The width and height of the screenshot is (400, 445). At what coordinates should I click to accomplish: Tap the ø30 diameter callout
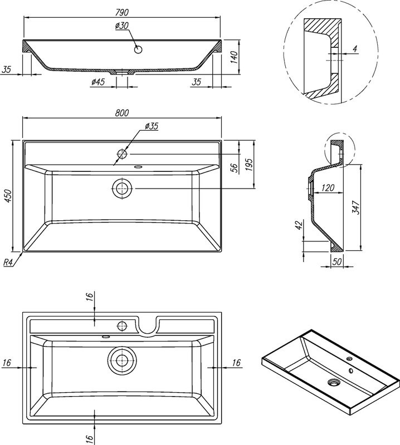pyautogui.click(x=123, y=26)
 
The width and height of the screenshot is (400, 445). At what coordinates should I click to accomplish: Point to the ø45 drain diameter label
pyautogui.click(x=98, y=82)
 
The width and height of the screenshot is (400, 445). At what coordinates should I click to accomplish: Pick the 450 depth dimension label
pyautogui.click(x=7, y=196)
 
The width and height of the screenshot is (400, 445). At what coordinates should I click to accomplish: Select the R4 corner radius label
pyautogui.click(x=9, y=263)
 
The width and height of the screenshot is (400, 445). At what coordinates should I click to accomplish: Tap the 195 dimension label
pyautogui.click(x=249, y=165)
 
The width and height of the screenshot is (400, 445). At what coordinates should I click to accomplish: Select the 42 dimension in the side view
pyautogui.click(x=298, y=225)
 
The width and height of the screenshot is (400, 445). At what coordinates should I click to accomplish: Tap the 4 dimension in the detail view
pyautogui.click(x=355, y=49)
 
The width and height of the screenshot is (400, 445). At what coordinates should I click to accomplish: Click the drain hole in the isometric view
pyautogui.click(x=335, y=382)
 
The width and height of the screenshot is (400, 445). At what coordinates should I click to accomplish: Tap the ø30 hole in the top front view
pyautogui.click(x=139, y=50)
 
